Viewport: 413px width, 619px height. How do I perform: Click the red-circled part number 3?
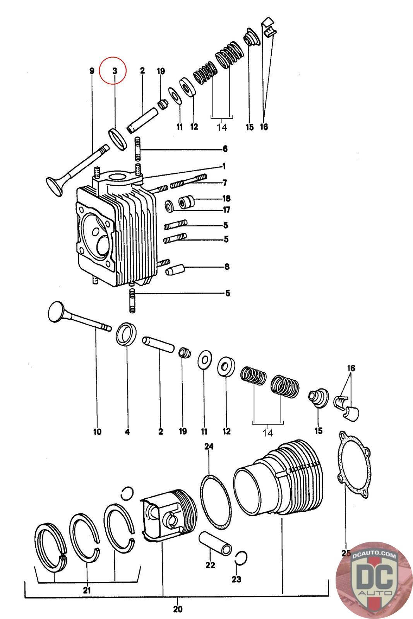click(115, 71)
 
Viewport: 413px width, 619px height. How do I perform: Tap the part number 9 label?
click(92, 71)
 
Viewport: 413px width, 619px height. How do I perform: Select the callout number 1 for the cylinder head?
click(224, 166)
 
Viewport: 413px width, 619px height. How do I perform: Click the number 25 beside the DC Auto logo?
click(346, 553)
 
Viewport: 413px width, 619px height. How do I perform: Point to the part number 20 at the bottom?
click(177, 609)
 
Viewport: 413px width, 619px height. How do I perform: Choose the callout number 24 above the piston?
click(209, 446)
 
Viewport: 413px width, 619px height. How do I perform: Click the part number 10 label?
click(97, 431)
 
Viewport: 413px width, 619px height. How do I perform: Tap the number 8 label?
click(226, 267)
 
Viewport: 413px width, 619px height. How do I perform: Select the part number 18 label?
click(226, 198)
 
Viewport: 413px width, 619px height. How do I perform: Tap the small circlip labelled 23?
click(240, 557)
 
